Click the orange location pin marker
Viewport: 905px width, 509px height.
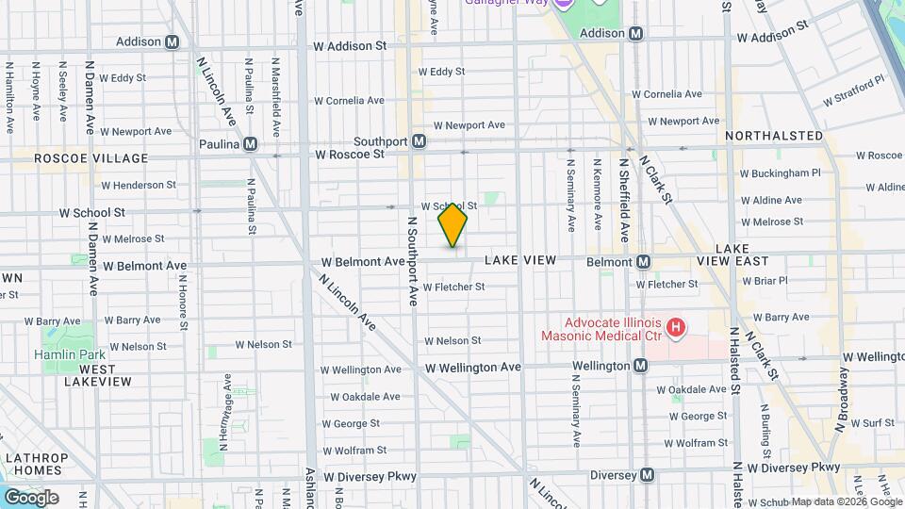pos(452,224)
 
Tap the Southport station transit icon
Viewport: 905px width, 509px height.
pos(420,141)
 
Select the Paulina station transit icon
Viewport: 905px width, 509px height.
pos(250,144)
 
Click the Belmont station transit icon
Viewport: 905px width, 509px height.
pos(644,261)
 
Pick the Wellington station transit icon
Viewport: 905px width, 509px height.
pos(641,365)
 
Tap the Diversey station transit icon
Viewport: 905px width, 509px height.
pos(647,475)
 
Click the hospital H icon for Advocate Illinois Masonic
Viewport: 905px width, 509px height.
pos(675,328)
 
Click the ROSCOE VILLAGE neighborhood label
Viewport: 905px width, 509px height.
pos(90,158)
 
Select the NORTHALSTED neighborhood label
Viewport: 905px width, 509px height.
pos(773,136)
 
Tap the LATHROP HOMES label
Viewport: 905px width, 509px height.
pos(36,465)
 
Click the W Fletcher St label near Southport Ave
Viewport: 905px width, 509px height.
pos(453,287)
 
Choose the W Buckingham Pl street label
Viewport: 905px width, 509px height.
pos(781,173)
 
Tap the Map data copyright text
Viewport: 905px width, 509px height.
pos(847,501)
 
